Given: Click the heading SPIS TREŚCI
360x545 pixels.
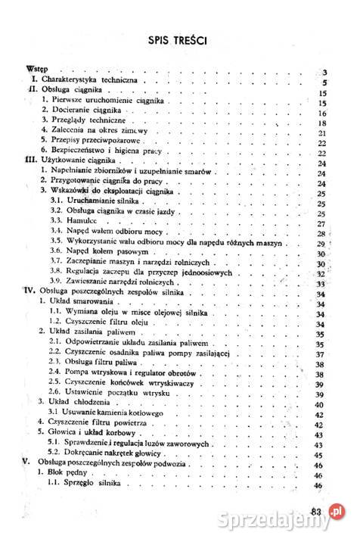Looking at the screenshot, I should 178,39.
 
